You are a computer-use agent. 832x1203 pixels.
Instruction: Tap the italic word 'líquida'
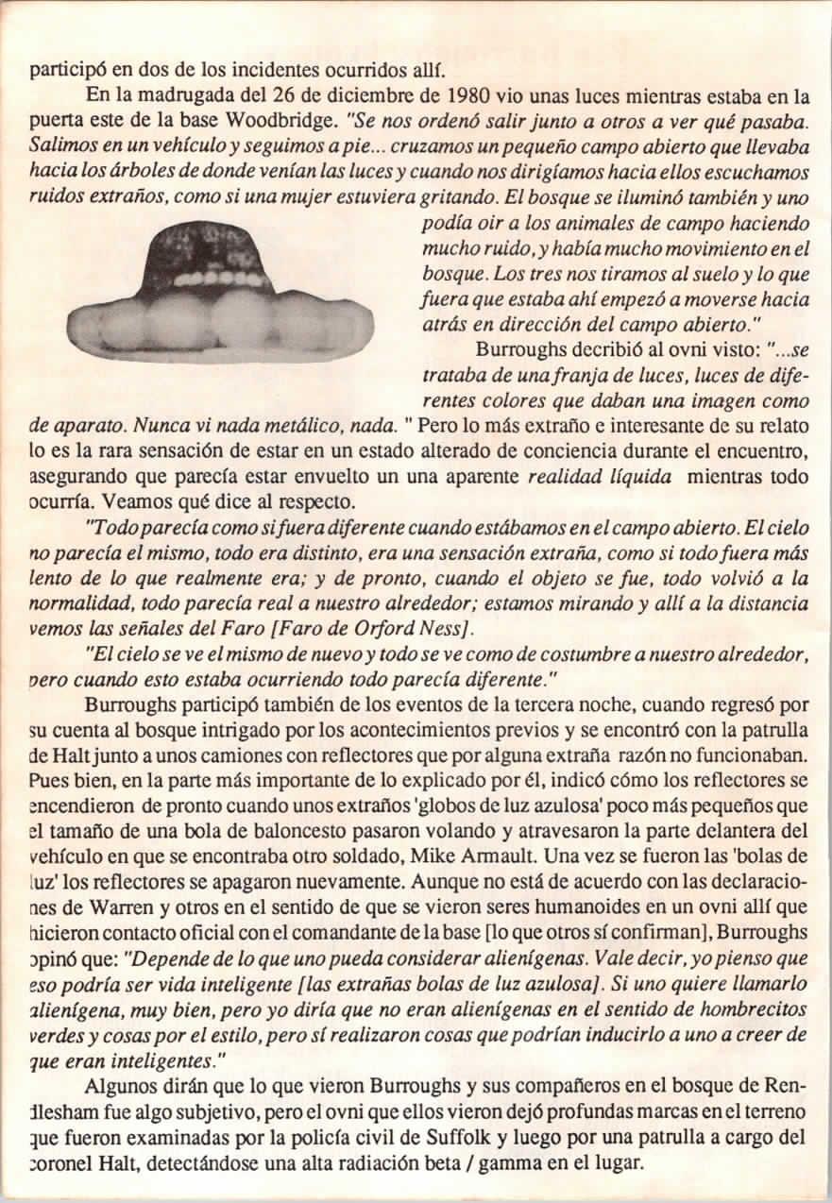tap(638, 478)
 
